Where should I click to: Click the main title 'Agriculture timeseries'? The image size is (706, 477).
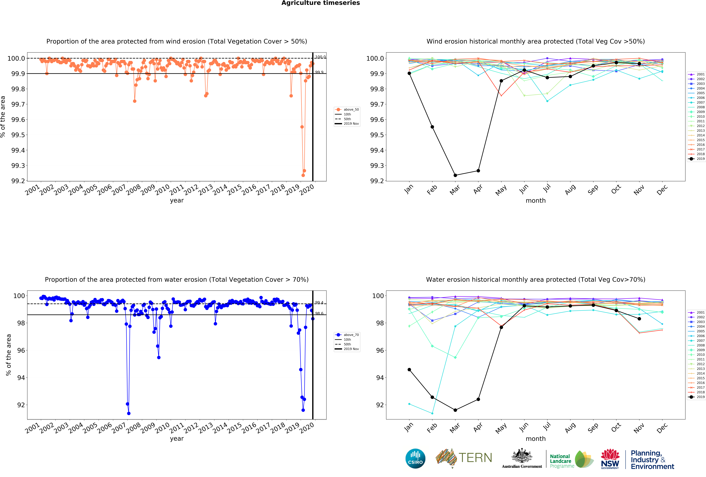click(320, 3)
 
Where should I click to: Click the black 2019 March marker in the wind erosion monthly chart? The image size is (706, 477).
click(455, 175)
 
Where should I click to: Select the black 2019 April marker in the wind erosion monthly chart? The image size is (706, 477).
click(478, 171)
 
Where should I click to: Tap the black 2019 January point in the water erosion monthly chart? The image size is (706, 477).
click(409, 369)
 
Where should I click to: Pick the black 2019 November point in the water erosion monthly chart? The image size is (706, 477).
click(639, 319)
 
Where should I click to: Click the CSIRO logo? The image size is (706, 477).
click(415, 458)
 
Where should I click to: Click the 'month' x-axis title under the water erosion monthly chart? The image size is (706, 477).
click(536, 439)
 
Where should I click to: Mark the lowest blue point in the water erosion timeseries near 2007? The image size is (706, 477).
click(129, 413)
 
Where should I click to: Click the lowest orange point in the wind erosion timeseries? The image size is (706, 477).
click(303, 175)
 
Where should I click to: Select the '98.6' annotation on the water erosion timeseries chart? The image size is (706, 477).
click(319, 313)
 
